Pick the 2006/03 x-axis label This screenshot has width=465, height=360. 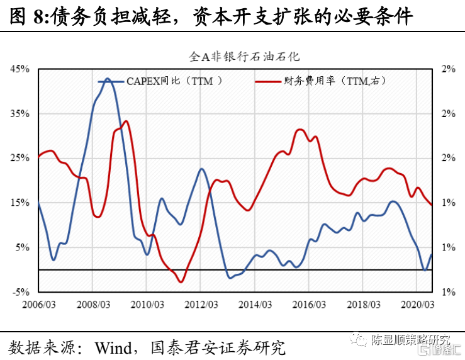(x=38, y=304)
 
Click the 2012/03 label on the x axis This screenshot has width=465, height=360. (x=200, y=304)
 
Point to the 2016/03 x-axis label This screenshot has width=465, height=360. (x=308, y=304)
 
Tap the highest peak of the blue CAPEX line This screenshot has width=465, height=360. (x=107, y=79)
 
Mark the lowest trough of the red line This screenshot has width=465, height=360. (x=181, y=281)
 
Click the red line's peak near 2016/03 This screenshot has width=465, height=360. (x=300, y=130)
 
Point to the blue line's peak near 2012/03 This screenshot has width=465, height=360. (x=201, y=169)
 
